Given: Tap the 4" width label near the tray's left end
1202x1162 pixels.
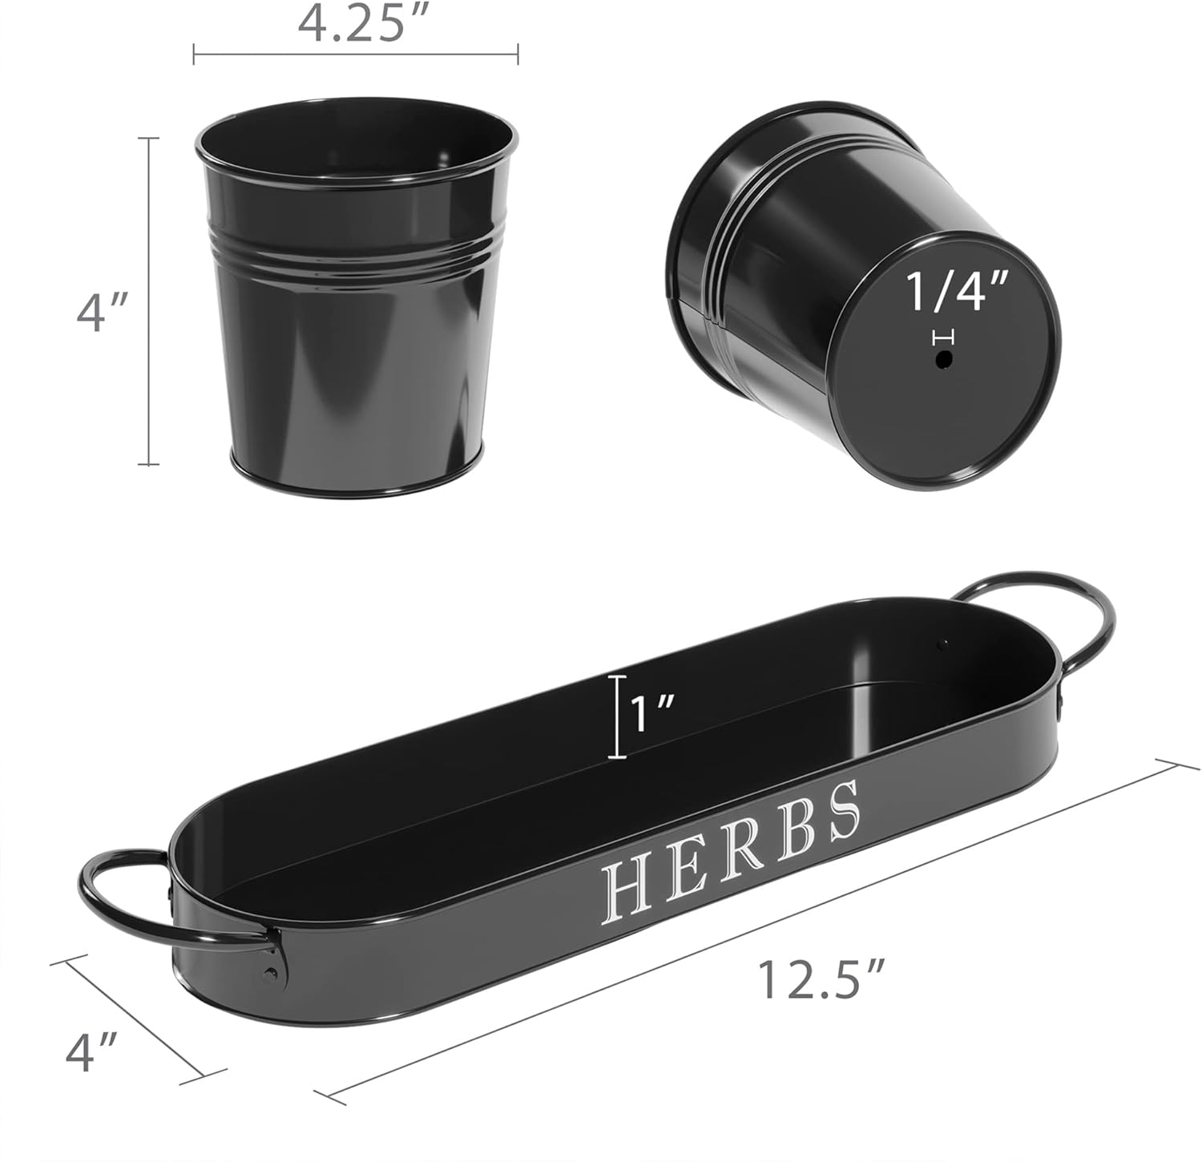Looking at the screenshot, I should point(93,1051).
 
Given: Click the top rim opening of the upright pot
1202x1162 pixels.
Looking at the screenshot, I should point(353,148).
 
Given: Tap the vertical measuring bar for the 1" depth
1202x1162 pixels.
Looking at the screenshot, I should point(616,716).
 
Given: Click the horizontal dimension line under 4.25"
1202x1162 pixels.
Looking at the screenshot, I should point(356,54).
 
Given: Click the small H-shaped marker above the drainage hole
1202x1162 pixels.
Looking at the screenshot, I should point(945,337).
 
